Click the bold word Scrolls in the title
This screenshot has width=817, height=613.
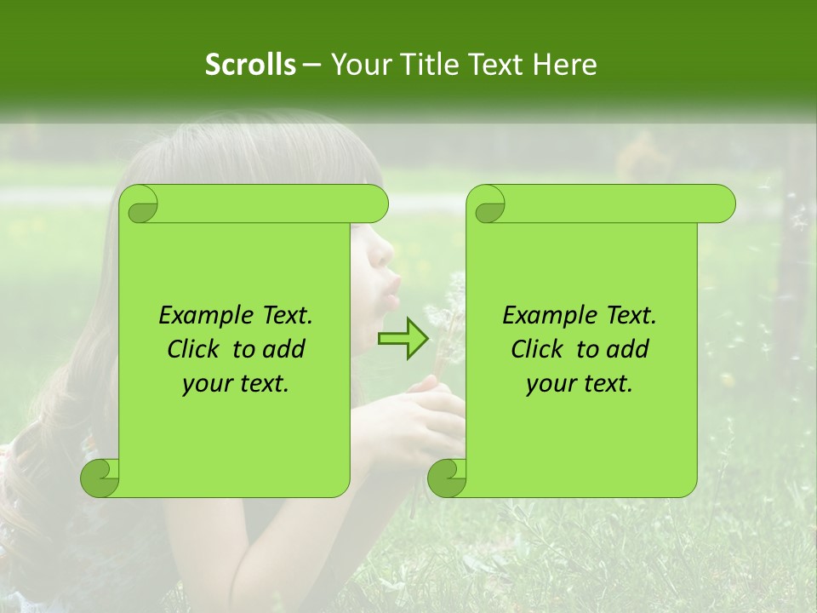[251, 65]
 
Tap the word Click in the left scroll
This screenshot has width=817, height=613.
[195, 350]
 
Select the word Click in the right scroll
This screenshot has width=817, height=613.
[539, 350]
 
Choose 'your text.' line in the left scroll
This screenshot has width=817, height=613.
[236, 384]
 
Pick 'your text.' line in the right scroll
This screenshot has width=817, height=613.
[580, 384]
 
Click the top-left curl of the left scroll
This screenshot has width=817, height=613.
[140, 204]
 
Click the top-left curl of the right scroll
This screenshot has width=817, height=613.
[487, 204]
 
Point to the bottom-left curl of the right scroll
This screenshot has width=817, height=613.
[448, 478]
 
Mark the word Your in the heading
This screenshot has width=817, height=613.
[359, 65]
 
